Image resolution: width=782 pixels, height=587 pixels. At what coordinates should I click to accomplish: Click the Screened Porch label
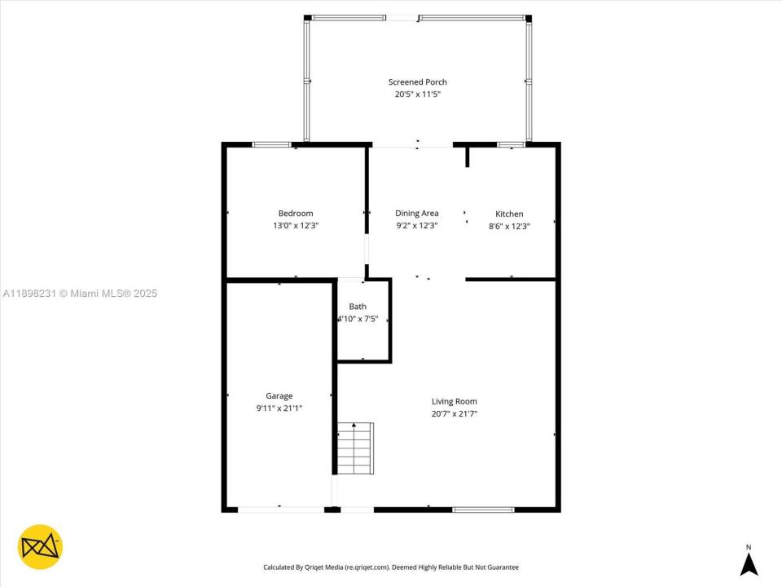(x=417, y=82)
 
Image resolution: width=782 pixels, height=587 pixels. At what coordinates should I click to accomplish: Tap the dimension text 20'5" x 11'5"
(x=417, y=95)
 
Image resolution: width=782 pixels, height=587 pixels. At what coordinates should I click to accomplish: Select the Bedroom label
(x=295, y=214)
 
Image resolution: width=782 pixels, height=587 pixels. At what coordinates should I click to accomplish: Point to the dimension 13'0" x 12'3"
(x=295, y=226)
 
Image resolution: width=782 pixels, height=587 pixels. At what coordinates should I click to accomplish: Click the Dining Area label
(x=417, y=214)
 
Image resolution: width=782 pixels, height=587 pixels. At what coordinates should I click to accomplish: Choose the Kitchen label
(x=509, y=214)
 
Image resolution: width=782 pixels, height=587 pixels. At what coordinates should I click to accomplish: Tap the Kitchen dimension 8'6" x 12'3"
(x=509, y=227)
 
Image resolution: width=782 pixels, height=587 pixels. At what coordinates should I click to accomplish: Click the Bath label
(x=358, y=307)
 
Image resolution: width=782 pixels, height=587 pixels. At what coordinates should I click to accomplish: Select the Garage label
(x=279, y=396)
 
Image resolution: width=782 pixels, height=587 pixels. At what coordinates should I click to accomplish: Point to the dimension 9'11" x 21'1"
(x=279, y=408)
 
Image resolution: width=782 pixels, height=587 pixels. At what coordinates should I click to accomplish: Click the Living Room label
(x=454, y=401)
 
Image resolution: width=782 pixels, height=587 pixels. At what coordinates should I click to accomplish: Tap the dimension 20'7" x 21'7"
(x=454, y=414)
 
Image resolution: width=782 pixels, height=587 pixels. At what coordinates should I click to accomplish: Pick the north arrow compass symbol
(x=749, y=562)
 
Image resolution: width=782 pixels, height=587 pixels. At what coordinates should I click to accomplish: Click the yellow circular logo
(x=40, y=546)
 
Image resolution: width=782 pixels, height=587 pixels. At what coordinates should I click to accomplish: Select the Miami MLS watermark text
(x=80, y=293)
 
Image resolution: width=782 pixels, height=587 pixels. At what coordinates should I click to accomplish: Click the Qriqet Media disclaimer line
(x=390, y=567)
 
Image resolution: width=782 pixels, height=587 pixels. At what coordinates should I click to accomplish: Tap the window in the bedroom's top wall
(x=271, y=145)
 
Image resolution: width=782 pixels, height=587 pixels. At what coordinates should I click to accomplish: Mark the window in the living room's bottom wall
(x=483, y=510)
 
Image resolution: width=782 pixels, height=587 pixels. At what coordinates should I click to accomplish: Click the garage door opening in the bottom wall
(x=280, y=510)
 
